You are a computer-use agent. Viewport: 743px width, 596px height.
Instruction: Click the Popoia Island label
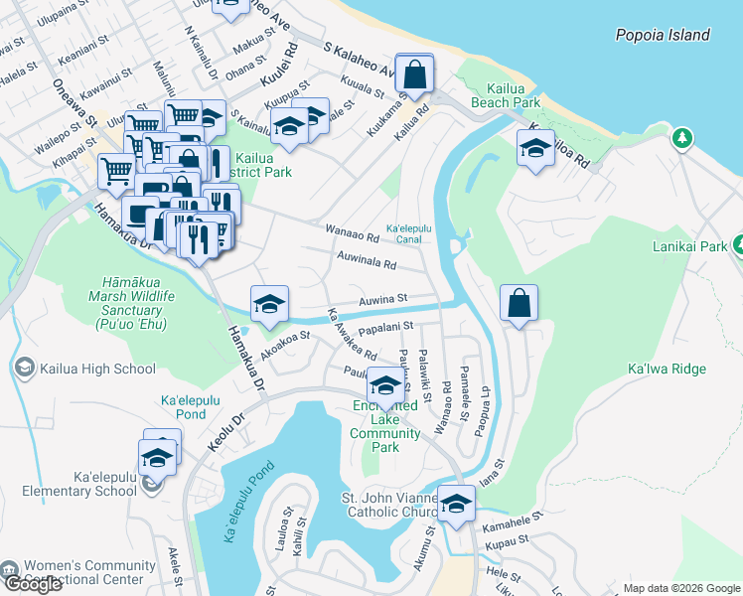[663, 35]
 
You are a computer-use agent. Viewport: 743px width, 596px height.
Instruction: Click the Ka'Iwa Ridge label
[667, 370]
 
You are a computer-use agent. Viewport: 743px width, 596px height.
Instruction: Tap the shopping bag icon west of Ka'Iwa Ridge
[519, 304]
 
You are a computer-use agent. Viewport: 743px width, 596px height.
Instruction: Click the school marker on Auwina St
[268, 305]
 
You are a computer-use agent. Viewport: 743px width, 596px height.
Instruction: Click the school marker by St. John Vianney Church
[455, 505]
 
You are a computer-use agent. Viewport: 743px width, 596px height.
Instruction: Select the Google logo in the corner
[34, 584]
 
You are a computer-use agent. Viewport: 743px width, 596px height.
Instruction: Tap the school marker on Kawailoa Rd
[535, 149]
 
